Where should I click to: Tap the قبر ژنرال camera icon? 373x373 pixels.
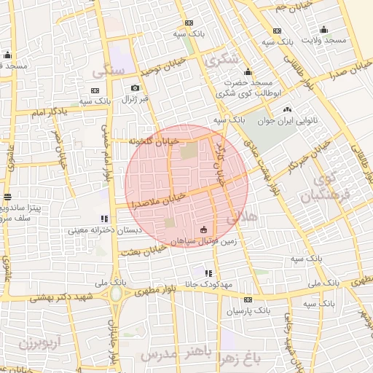click(135, 88)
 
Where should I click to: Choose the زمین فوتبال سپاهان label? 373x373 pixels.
click(203, 240)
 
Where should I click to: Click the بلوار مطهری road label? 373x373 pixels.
click(156, 289)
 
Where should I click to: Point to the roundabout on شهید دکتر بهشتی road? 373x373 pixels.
click(116, 294)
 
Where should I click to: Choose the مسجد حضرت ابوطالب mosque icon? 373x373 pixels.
click(248, 71)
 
